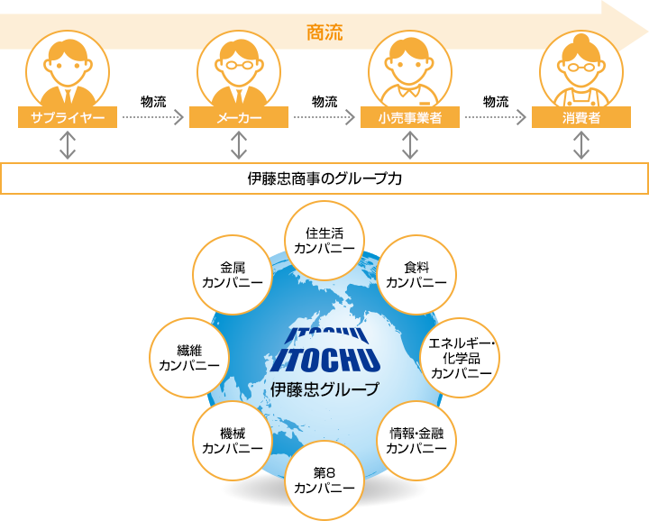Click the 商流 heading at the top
(x=324, y=32)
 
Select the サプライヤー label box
(x=68, y=117)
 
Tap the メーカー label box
(x=239, y=117)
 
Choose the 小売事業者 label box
(x=410, y=117)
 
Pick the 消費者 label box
(x=581, y=117)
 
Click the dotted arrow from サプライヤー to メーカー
(x=153, y=117)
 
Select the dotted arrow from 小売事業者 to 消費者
(x=496, y=117)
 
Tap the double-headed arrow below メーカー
(x=239, y=145)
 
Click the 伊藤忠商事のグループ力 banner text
(x=324, y=178)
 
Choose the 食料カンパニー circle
(x=416, y=275)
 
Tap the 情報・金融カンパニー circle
(x=416, y=440)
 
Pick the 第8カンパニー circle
(x=324, y=480)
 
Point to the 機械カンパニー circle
(x=233, y=440)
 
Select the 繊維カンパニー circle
(x=189, y=357)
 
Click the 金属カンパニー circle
(x=233, y=275)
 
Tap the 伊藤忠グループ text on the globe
(x=324, y=389)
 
